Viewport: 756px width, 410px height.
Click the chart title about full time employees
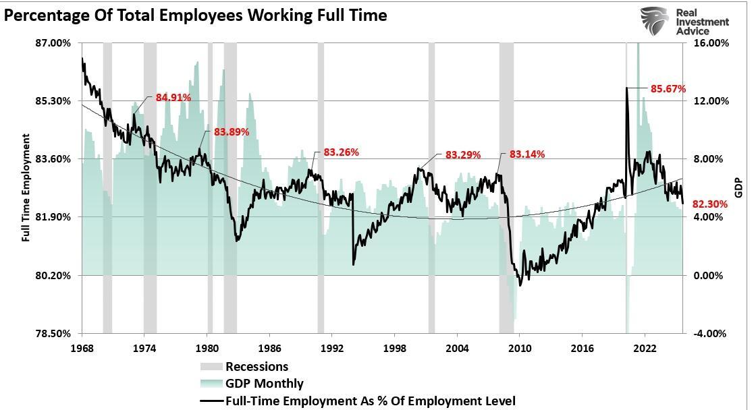click(x=196, y=15)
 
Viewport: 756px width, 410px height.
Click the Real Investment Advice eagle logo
click(x=654, y=22)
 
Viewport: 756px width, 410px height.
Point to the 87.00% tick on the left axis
click(x=52, y=43)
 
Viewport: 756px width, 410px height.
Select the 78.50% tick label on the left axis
click(x=52, y=334)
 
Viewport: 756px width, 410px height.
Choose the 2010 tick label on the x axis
click(x=520, y=348)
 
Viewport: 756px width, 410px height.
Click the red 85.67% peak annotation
click(x=668, y=89)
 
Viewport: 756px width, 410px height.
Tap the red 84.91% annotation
click(x=173, y=98)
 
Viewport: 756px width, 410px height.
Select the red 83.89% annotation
click(x=232, y=132)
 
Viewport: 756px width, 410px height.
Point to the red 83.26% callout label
click(x=341, y=152)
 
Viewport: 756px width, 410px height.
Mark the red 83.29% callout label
click(x=463, y=155)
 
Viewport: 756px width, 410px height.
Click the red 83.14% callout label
click(x=527, y=154)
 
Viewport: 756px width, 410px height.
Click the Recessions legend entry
click(x=256, y=367)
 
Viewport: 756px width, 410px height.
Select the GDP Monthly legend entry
click(x=264, y=384)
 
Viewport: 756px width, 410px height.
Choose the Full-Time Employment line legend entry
click(x=370, y=401)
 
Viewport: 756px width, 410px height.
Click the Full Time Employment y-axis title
click(x=26, y=187)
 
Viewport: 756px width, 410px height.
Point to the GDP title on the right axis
click(x=738, y=187)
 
